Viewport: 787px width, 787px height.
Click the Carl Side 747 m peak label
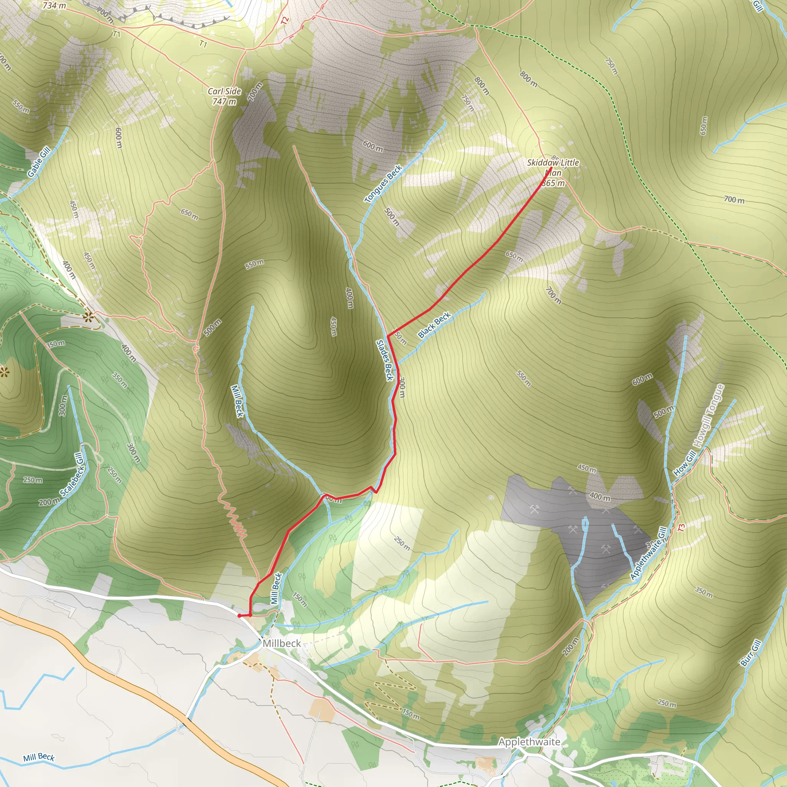[x=224, y=96]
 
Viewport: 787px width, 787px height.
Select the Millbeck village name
[x=281, y=643]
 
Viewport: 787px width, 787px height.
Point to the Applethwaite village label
[x=529, y=742]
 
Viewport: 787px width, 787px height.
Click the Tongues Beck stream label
[x=383, y=183]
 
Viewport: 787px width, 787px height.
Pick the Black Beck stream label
[x=434, y=325]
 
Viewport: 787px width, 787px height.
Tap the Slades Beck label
[x=385, y=360]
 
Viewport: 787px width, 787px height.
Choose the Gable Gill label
[x=39, y=162]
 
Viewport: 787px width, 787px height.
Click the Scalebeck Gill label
[x=73, y=475]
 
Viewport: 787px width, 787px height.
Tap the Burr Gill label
[x=750, y=653]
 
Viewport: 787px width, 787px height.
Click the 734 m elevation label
[x=54, y=5]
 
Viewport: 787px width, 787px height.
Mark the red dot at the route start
[x=239, y=616]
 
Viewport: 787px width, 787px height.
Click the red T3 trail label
[x=681, y=527]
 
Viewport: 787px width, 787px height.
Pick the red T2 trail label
[x=285, y=20]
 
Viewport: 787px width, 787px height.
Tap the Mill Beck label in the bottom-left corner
[x=39, y=757]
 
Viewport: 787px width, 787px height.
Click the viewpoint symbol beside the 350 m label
[x=88, y=316]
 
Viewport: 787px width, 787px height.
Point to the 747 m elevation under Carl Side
[x=224, y=101]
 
